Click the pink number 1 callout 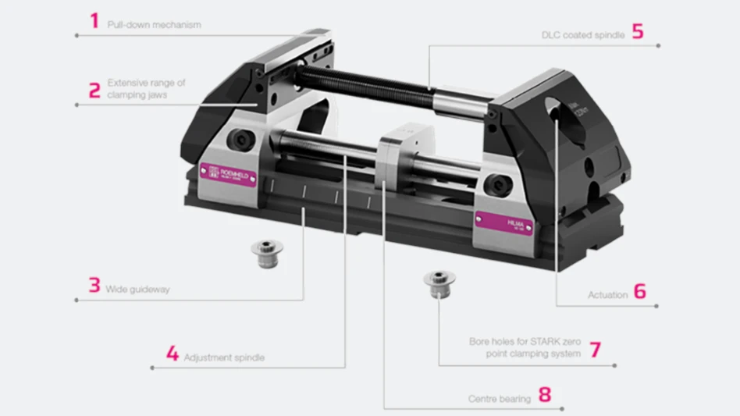(94, 21)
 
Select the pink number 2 (94, 90)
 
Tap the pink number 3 (94, 286)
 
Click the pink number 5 (638, 32)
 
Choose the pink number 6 (639, 292)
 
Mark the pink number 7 (596, 348)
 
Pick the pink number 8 (544, 395)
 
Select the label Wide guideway (138, 290)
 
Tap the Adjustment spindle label (224, 357)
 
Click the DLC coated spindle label (582, 36)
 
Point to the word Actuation (607, 295)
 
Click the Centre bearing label (499, 399)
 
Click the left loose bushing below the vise (266, 250)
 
